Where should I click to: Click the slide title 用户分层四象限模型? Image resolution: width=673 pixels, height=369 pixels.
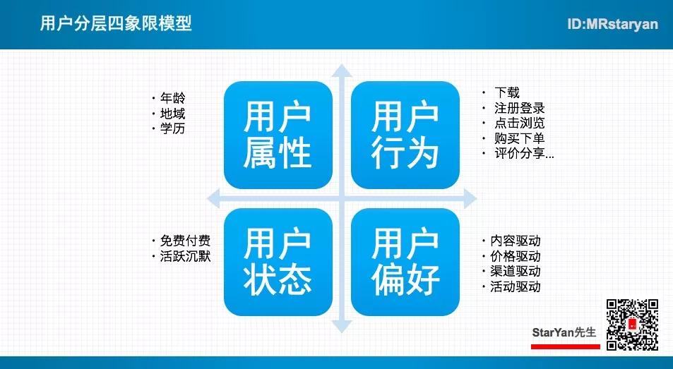click(116, 23)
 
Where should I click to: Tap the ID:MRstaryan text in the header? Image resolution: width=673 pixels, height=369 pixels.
click(612, 24)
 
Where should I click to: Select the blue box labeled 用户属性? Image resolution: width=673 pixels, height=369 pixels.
click(278, 135)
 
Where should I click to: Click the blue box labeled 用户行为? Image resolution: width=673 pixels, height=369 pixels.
click(405, 135)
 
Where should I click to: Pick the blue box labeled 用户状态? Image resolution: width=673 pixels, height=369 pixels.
click(278, 262)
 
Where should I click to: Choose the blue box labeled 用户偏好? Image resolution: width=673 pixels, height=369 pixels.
click(405, 262)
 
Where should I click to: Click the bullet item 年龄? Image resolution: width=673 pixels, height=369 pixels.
click(172, 98)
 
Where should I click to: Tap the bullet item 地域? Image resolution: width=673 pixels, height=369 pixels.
click(172, 114)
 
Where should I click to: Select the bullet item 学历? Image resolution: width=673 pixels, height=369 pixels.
click(172, 128)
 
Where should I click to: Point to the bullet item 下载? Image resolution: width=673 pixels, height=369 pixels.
click(507, 92)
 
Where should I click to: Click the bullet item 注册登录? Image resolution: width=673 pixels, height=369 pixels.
click(519, 108)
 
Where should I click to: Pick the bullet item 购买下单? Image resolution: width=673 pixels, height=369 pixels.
click(519, 138)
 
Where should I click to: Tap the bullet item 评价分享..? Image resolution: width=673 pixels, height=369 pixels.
click(524, 153)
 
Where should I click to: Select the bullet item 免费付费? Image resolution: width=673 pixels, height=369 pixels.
click(186, 241)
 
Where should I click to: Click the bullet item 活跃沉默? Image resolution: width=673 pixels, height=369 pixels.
click(186, 256)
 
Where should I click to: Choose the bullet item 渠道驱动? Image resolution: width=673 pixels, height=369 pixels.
click(516, 272)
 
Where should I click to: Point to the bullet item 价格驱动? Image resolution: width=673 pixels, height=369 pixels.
click(516, 256)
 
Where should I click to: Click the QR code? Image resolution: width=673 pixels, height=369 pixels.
click(632, 325)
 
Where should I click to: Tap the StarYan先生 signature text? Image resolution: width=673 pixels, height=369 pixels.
click(564, 332)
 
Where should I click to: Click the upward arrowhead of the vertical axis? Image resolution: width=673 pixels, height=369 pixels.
click(342, 71)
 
